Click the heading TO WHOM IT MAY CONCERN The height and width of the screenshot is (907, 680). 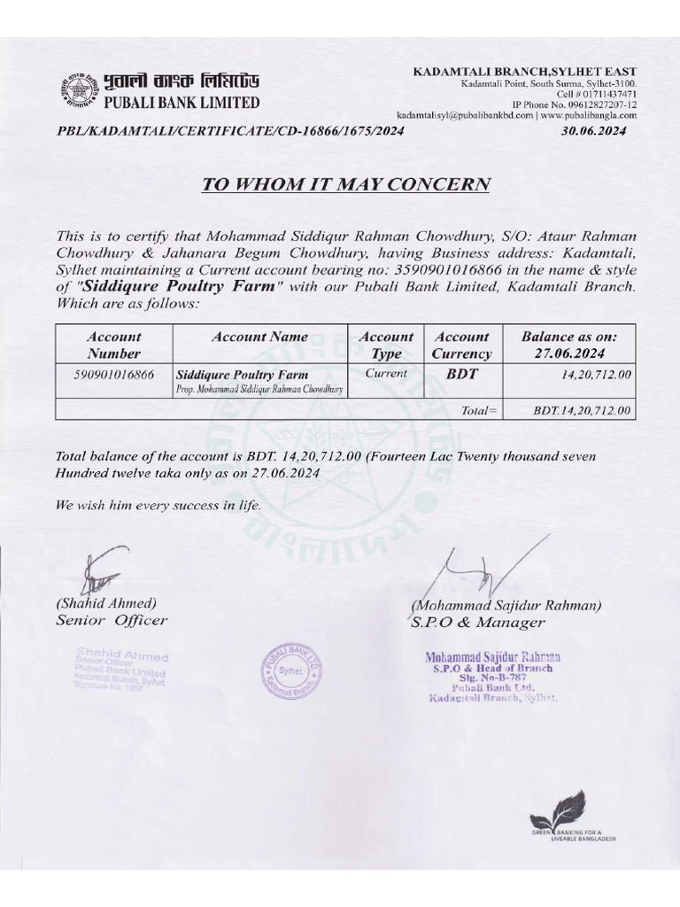(346, 184)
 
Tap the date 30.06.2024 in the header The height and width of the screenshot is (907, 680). (593, 131)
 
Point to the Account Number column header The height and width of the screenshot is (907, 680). (113, 345)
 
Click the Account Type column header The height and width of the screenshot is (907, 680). (386, 345)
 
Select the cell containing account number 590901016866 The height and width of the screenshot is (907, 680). (113, 375)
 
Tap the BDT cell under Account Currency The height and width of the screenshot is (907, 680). (461, 374)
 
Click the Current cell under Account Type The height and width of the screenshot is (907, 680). (386, 374)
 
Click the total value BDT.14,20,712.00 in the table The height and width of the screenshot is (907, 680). (582, 411)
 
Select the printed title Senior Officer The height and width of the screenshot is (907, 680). (111, 620)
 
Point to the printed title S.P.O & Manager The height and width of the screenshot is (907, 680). (477, 622)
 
